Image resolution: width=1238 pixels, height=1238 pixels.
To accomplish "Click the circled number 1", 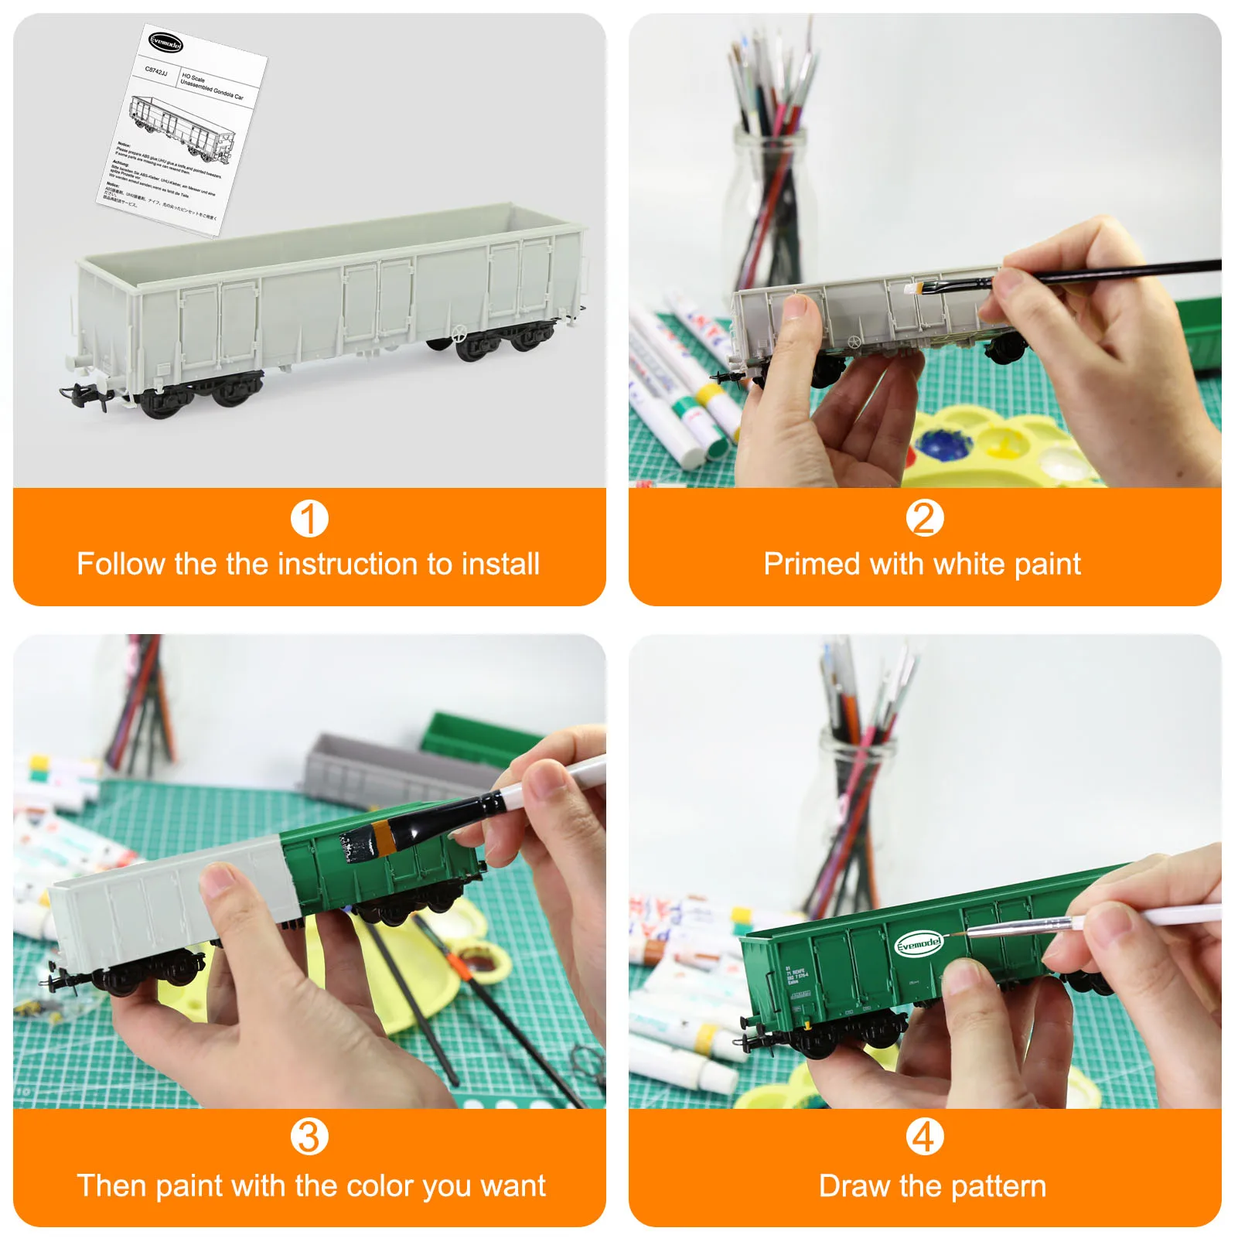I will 309,519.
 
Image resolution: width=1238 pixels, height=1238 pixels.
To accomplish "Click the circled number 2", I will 925,518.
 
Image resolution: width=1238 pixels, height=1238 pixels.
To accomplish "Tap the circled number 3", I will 309,1137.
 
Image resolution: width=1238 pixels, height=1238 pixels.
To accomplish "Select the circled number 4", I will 925,1137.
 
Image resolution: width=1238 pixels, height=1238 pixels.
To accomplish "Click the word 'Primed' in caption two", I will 812,564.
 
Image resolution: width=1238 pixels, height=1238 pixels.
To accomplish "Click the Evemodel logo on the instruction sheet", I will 165,43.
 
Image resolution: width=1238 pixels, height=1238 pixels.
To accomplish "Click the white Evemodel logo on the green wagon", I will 919,943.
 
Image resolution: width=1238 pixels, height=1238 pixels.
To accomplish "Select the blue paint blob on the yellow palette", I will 943,445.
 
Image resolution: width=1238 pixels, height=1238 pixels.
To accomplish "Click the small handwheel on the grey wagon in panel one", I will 459,335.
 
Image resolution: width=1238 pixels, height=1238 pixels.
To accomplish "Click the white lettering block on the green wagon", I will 796,976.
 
